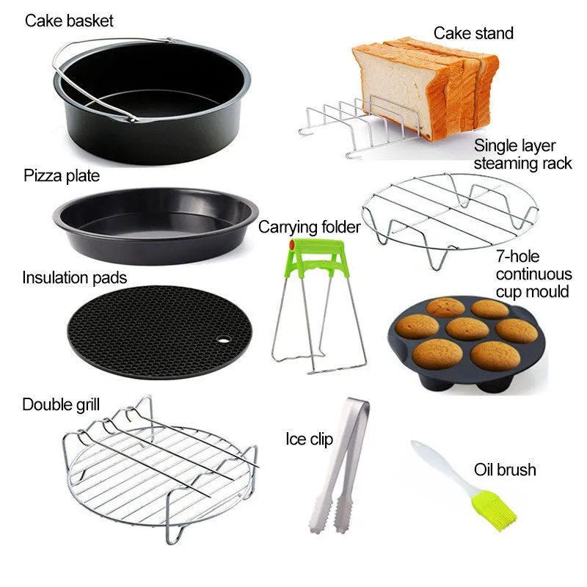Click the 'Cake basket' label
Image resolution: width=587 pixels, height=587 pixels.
click(69, 21)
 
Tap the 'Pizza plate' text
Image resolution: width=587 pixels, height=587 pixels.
click(62, 175)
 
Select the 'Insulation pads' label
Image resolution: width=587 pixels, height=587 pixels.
click(75, 278)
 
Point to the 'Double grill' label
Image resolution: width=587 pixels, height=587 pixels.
click(61, 405)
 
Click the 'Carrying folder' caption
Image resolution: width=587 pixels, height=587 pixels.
click(309, 227)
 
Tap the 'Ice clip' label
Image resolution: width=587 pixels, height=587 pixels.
click(309, 439)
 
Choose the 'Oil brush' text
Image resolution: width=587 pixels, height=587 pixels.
click(505, 470)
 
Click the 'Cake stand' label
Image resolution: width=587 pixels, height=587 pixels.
click(473, 33)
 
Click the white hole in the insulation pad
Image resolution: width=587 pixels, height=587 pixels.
click(224, 340)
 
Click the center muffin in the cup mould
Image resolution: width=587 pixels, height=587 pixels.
click(467, 328)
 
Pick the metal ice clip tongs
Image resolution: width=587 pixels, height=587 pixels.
click(339, 465)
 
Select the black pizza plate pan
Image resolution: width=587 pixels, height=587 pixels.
click(156, 226)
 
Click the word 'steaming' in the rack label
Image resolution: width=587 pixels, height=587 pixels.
click(501, 164)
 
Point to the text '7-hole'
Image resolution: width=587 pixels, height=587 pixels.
click(518, 257)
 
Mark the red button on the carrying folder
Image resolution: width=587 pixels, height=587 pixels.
click(292, 244)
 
